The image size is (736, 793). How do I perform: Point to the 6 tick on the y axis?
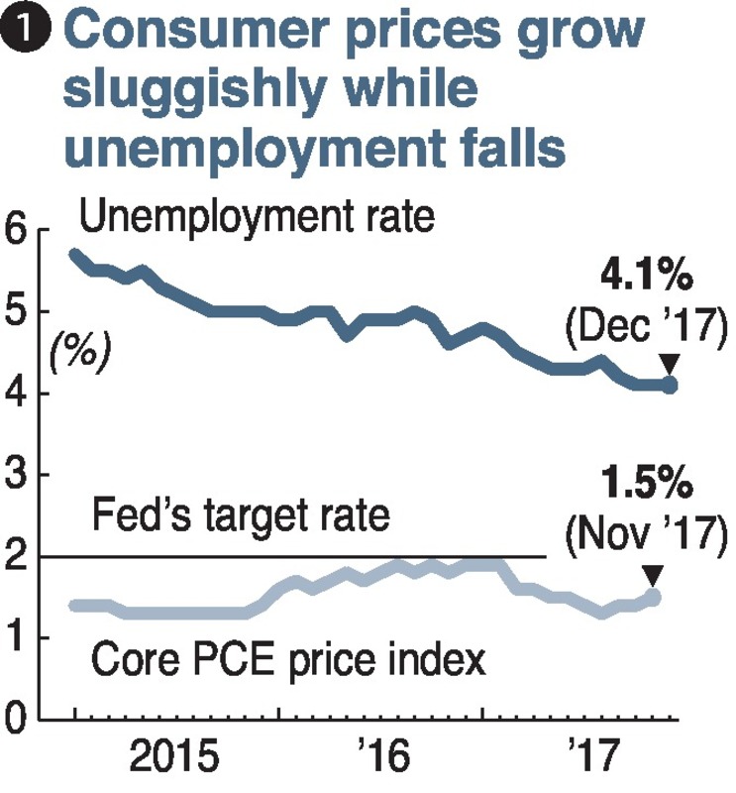click(17, 230)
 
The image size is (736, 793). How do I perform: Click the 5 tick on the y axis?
click(17, 312)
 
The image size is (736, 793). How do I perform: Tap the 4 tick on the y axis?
click(17, 395)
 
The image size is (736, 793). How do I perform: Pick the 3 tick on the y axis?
click(17, 476)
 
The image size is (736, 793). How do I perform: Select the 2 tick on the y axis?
click(17, 557)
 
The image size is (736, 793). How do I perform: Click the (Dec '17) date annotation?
click(646, 324)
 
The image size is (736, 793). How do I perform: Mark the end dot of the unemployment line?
click(670, 385)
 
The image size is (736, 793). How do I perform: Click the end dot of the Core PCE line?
click(652, 597)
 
